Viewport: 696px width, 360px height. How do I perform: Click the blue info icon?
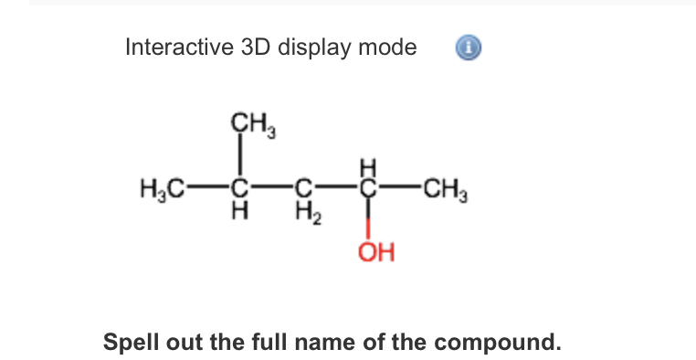[x=466, y=47]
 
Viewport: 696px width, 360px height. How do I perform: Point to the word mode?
[x=387, y=47]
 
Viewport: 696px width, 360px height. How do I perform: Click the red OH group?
[x=374, y=250]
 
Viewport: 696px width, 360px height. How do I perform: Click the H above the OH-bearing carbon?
[x=368, y=167]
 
